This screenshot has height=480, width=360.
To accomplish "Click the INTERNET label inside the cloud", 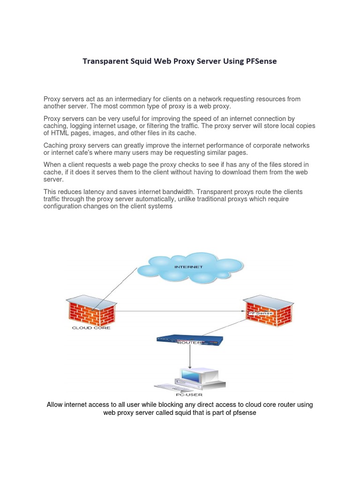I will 188,267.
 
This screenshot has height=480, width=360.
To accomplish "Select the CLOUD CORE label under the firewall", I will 91,328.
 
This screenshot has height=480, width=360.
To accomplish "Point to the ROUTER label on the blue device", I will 189,343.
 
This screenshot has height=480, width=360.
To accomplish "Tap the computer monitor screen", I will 192,375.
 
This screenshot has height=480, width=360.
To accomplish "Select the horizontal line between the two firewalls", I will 178,310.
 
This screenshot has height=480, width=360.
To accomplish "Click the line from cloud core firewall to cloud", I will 115,288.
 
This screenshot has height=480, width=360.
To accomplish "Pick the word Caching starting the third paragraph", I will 56,146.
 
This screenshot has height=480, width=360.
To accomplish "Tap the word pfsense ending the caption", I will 244,412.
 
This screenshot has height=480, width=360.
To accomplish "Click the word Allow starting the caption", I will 54,405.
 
